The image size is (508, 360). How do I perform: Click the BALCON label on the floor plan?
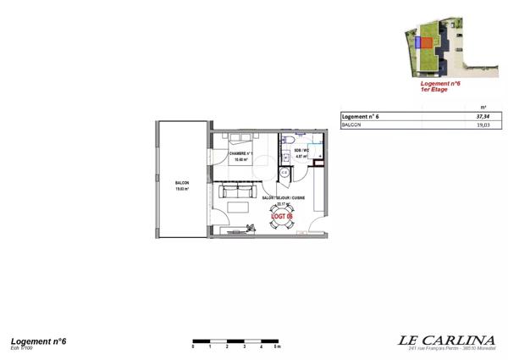coord(182,185)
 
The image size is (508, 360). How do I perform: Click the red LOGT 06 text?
coord(281,217)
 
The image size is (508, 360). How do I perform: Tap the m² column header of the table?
coord(483,107)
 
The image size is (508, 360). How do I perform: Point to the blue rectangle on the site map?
coord(417,41)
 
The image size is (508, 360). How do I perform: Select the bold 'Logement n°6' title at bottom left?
coord(38,341)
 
